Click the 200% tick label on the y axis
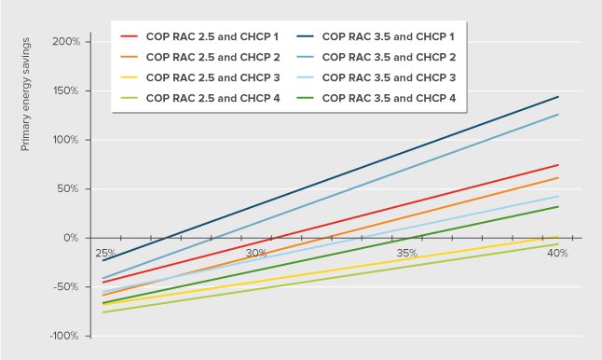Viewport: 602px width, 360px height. (x=67, y=42)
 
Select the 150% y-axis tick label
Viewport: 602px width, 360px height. (x=67, y=91)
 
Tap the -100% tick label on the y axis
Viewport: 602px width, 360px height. (x=65, y=336)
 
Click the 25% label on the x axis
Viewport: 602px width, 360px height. (x=104, y=253)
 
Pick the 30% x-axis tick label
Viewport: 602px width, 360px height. (x=255, y=253)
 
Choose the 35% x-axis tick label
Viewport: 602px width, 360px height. (x=407, y=253)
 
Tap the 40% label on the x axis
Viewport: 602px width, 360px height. (x=558, y=253)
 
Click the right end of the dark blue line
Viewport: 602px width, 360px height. (x=558, y=96)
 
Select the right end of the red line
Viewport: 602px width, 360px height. (x=558, y=165)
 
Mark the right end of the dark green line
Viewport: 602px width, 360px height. (x=558, y=206)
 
